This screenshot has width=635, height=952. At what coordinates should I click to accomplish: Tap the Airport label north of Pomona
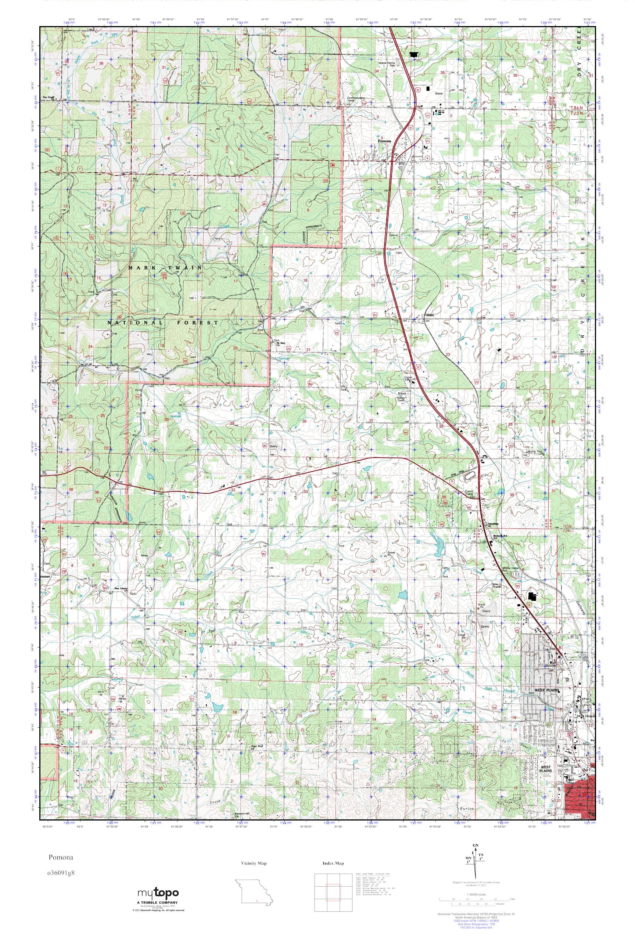tap(439, 93)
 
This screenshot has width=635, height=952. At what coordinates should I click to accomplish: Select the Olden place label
tap(429, 315)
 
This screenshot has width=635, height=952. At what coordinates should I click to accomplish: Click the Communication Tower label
tap(356, 99)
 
